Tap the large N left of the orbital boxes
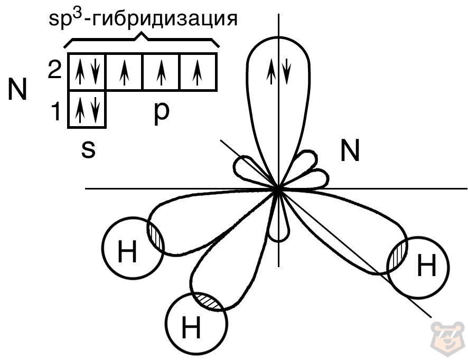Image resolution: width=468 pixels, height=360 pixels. pyautogui.click(x=17, y=90)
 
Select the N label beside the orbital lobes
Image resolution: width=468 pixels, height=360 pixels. pyautogui.click(x=350, y=151)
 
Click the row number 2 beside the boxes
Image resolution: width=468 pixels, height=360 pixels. pyautogui.click(x=55, y=70)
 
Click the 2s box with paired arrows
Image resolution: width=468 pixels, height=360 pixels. pyautogui.click(x=87, y=71)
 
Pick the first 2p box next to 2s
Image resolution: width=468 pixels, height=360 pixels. pyautogui.click(x=124, y=71)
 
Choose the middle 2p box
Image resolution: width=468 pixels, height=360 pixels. pyautogui.click(x=161, y=71)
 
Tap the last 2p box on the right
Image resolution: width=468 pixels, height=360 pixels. pyautogui.click(x=198, y=71)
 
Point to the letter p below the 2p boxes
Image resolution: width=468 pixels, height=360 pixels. pyautogui.click(x=161, y=114)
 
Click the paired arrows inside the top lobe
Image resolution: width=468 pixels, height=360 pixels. pyautogui.click(x=278, y=73)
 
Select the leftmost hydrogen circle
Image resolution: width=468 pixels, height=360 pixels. pyautogui.click(x=133, y=249)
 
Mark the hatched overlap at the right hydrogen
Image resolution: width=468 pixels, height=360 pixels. pyautogui.click(x=398, y=257)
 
